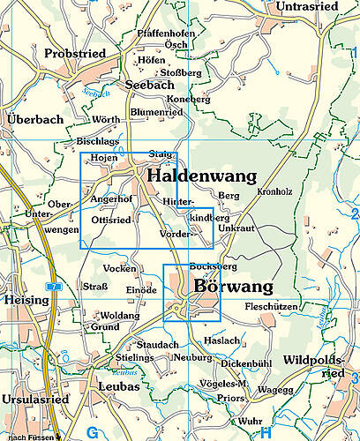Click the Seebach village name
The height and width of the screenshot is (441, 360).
click(151, 84)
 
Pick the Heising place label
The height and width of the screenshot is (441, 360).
click(25, 300)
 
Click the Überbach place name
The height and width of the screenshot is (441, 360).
click(34, 119)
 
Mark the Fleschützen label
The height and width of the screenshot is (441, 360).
click(271, 307)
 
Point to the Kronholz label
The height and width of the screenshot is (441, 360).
click(274, 191)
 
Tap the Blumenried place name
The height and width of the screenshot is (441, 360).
click(155, 113)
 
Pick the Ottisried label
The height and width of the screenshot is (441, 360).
click(111, 220)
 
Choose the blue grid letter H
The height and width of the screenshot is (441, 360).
click(265, 431)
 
